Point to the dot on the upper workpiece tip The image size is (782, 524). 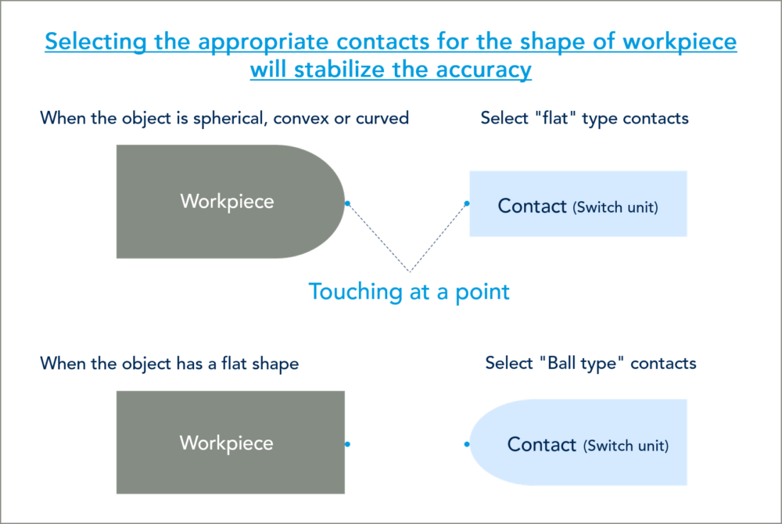347,203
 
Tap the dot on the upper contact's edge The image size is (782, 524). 467,203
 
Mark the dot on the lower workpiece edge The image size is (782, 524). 347,443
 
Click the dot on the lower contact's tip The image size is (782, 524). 467,443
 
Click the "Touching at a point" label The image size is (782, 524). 410,292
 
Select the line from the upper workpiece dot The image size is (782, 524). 378,238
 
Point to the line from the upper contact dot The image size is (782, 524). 438,238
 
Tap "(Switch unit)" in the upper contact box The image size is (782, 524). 615,207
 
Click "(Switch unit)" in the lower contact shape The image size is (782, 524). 626,446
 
